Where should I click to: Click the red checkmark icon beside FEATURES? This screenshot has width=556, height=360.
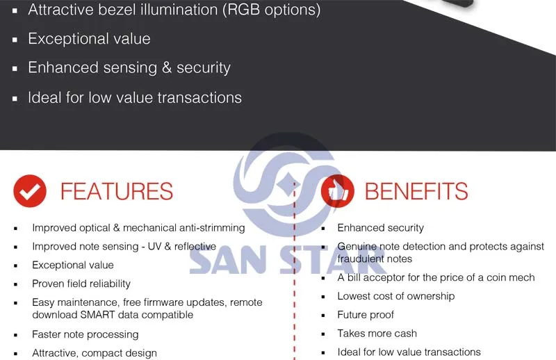pos(30,191)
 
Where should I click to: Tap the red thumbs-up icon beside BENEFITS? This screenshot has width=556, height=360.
pos(338,191)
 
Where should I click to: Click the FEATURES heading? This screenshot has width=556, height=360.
pos(117,191)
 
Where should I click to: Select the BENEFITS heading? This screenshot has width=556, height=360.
pos(416,191)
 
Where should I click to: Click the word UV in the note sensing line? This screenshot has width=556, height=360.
pos(154,247)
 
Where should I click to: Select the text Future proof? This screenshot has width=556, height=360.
pos(366,315)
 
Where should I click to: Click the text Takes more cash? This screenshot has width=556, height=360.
pos(377,334)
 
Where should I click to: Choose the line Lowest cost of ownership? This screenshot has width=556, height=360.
pos(395,296)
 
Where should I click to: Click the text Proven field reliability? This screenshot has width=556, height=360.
pos(81,284)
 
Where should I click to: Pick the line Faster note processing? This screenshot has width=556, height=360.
pos(85,334)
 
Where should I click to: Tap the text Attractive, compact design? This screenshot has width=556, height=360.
pos(95,353)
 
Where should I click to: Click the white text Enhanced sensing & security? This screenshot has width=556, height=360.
pos(129,67)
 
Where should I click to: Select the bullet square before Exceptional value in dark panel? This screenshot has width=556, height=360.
pos(15,40)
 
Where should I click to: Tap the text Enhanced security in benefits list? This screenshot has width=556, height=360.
pos(380,228)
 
